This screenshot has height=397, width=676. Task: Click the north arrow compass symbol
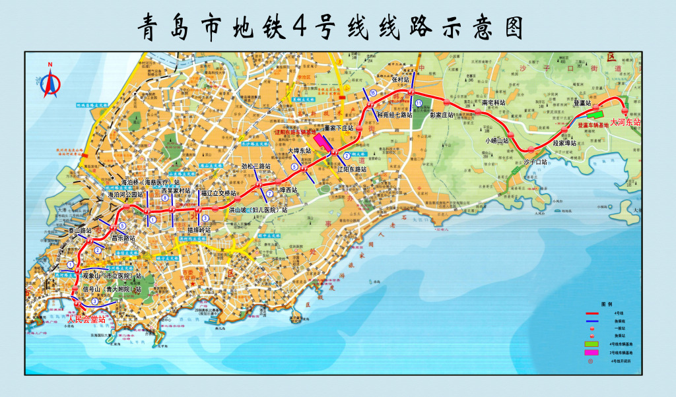click(x=51, y=80)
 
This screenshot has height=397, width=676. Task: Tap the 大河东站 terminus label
click(x=625, y=122)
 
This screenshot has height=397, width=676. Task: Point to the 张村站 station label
click(x=401, y=79)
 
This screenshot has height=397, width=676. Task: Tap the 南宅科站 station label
click(x=493, y=103)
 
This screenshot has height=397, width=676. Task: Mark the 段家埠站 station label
click(x=564, y=143)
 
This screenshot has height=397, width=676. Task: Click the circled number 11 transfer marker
click(x=419, y=103)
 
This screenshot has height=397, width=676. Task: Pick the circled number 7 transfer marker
click(x=269, y=193)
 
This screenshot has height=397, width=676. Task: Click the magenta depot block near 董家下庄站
click(x=323, y=140)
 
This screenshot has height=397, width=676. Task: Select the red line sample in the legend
click(x=591, y=313)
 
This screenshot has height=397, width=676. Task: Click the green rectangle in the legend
click(x=591, y=344)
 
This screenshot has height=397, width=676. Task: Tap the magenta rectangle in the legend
click(x=591, y=354)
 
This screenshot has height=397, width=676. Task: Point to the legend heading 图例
click(x=607, y=305)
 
